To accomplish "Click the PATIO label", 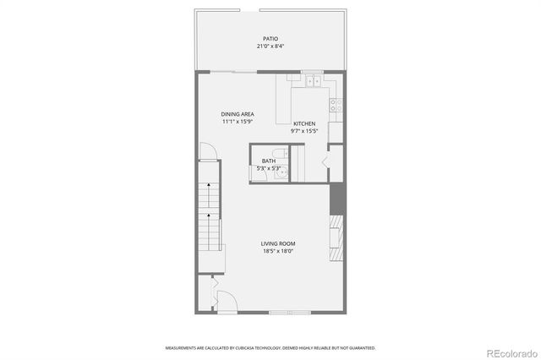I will (270, 39).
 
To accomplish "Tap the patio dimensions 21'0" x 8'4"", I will (270, 47).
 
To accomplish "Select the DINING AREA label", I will (238, 114).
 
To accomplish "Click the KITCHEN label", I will (304, 123).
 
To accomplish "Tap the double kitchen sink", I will (312, 81).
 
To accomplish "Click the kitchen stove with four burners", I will (336, 105).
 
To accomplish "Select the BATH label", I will (268, 161).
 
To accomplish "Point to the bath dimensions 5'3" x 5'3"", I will (268, 168).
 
